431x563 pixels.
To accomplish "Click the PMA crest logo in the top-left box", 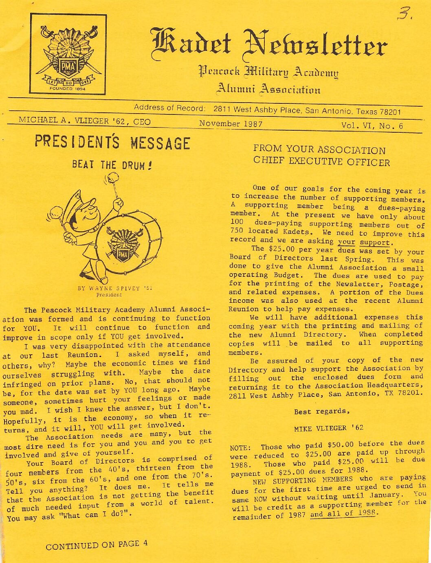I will click(68, 55).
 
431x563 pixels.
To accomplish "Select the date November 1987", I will click(231, 124).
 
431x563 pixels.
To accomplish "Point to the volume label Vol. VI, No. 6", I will click(372, 126).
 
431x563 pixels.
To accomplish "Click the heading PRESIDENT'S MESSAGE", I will click(112, 143).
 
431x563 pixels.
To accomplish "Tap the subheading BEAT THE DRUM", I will click(109, 165).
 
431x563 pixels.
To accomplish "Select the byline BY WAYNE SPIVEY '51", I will click(115, 289).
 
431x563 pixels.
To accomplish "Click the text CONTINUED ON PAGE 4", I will click(97, 545).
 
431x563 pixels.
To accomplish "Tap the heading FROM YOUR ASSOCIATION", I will click(319, 150).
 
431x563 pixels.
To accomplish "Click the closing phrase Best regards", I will click(322, 411).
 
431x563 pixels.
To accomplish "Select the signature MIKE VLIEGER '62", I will click(328, 428).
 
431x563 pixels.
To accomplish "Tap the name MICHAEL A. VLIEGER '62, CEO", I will click(85, 121).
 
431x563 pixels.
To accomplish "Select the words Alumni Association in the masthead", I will click(268, 89).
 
